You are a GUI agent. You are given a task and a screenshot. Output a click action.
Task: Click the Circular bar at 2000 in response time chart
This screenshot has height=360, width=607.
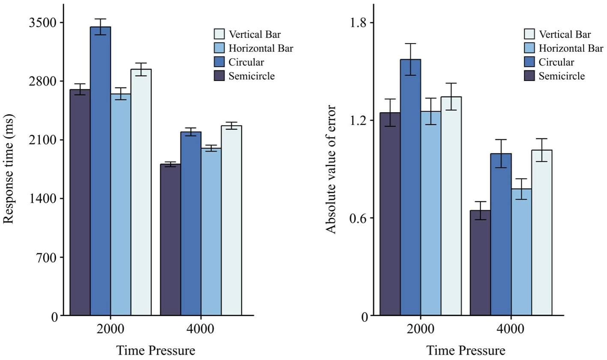coord(100,171)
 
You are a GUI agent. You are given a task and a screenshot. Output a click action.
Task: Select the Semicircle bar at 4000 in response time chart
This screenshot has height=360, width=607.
coord(170,240)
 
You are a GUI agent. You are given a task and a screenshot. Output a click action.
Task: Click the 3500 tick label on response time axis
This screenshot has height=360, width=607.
coord(43,23)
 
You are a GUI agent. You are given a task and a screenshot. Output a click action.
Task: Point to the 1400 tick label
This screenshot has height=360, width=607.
coord(43,199)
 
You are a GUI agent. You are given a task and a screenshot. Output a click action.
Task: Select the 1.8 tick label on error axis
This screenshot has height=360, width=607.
coord(359,23)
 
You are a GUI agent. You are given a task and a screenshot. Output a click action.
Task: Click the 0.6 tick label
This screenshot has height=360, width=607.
coord(359,218)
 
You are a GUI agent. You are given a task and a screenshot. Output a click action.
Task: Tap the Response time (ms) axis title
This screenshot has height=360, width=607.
coord(9,169)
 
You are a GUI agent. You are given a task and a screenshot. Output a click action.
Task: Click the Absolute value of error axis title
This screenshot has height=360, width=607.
coord(331,169)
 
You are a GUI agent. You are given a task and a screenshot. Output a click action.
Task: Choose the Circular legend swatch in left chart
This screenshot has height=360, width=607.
coord(219,62)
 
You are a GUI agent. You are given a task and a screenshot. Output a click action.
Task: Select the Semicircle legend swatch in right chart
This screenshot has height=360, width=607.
coord(529,76)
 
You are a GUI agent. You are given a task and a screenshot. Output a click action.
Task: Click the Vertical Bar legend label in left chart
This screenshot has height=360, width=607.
coord(254,34)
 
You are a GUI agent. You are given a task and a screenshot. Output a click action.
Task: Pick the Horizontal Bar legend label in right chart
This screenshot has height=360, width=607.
coord(571,48)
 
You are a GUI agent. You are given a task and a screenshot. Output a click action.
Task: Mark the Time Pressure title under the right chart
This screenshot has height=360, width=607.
coord(465,351)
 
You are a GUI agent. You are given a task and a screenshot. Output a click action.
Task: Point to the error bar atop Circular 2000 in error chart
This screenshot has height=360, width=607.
coord(410,59)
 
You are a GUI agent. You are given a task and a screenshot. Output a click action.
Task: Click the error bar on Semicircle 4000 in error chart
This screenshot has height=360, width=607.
coord(480,210)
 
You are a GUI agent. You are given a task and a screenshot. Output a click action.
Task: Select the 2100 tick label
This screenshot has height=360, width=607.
coord(43,140)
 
